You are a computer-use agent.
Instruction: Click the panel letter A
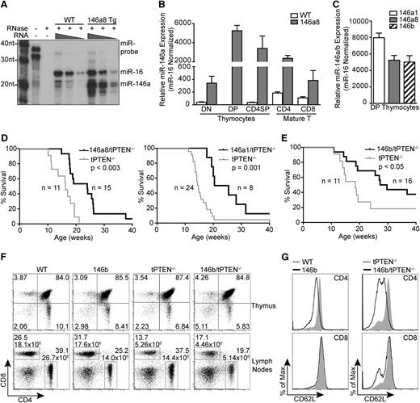tap(6, 6)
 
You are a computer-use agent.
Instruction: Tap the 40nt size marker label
tap(11, 37)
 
